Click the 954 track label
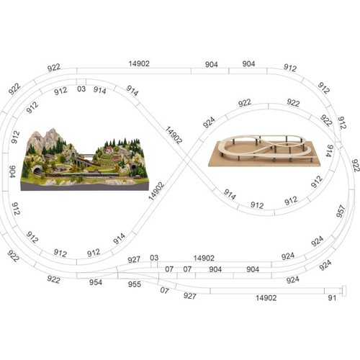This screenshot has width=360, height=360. coord(96,282)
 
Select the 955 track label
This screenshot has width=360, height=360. coord(135,284)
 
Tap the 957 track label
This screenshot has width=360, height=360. coord(341,211)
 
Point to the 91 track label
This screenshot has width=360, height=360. coord(332,298)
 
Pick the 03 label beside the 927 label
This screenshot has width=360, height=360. coord(154,258)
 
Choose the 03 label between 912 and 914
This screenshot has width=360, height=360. coord(81,89)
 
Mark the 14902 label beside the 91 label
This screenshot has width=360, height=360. coord(266,298)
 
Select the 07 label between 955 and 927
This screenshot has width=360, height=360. coord(164,290)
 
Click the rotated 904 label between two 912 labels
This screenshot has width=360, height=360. coord(12,171)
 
